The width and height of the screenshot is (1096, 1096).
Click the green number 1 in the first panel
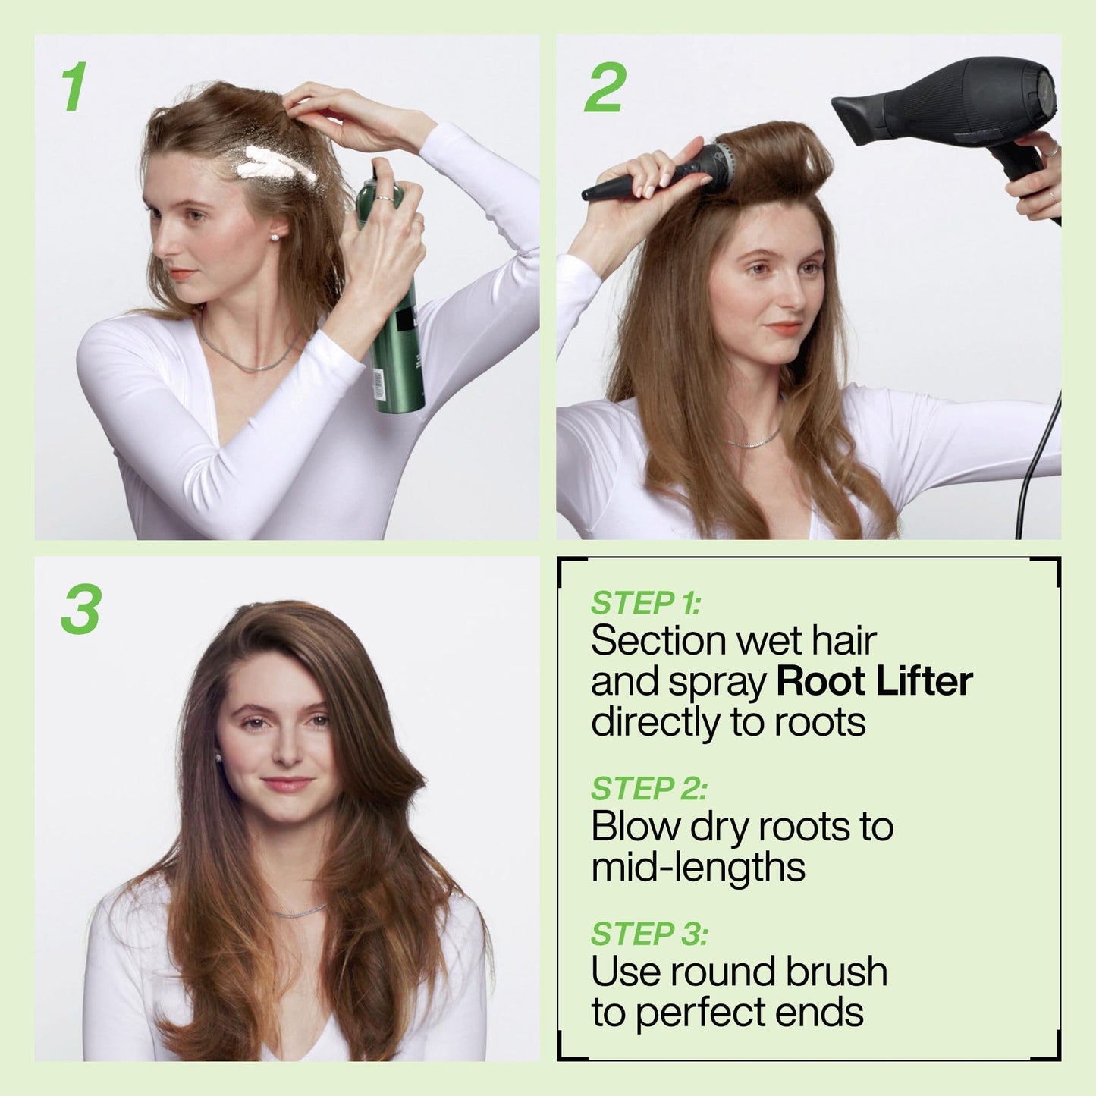coord(74,87)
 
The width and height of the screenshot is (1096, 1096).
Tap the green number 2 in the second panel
coord(605,87)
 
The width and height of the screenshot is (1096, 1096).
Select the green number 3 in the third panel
coord(80,610)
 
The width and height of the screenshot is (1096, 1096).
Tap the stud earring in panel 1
coord(274,237)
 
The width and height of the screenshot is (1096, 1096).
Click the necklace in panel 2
coord(753,441)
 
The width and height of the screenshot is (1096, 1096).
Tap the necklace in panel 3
coord(299,912)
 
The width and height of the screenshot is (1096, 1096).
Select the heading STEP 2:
coord(648,789)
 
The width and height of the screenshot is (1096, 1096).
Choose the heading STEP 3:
coord(648,934)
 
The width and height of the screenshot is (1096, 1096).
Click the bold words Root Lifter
coord(874,681)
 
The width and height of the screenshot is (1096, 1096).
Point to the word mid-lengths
coord(698,867)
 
